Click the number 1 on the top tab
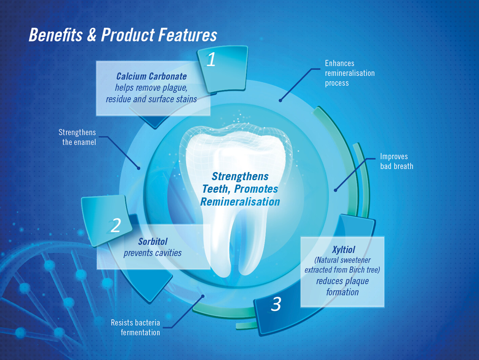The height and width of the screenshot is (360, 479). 211,60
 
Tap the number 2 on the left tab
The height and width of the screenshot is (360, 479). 116,225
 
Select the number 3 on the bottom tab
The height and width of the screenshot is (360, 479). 276,304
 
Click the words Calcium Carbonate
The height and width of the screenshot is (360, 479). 151,77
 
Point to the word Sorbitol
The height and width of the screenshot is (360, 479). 153,241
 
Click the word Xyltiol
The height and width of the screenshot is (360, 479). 343,250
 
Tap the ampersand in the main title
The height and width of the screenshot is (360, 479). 91,35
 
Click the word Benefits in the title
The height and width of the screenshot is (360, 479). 56,35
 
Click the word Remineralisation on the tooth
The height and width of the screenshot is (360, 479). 240,202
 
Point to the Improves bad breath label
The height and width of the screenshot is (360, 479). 396,161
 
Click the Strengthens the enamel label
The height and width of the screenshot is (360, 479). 77,137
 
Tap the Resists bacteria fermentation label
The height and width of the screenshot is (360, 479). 136,327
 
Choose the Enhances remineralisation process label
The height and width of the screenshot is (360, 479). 350,73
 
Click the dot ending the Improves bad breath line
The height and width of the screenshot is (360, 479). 335,190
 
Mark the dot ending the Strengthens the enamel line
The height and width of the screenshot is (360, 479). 139,168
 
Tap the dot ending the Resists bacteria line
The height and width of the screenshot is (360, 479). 203,296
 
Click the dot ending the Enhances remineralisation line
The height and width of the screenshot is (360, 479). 280,101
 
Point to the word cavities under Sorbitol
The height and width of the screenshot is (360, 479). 168,253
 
